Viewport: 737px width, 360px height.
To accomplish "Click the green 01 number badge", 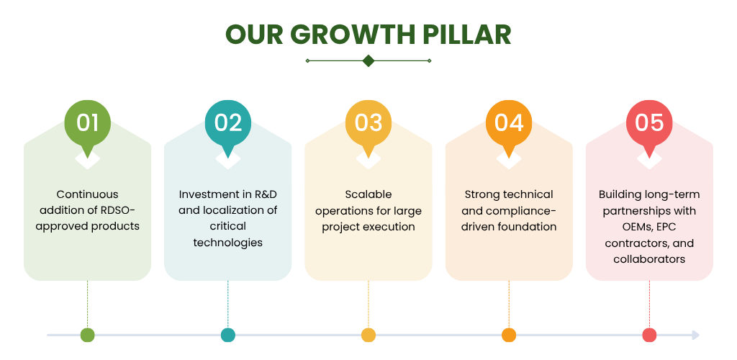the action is coord(87,123).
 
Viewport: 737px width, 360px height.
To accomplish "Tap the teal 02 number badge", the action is coord(228,123).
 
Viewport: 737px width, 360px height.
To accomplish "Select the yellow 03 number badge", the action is coord(368,123).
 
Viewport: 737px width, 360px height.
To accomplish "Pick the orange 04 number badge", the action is coord(509,123).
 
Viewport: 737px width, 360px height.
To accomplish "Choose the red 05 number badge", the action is coord(649,123).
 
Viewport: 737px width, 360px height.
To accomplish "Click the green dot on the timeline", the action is coord(87,335).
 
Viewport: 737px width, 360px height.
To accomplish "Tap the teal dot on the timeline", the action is coord(228,335).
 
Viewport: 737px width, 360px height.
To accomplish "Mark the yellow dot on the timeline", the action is coord(368,335).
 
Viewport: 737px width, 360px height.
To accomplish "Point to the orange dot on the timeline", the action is coord(509,335).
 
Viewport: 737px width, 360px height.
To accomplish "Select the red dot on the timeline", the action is coord(649,335).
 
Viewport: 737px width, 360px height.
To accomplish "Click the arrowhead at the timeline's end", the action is coord(696,335).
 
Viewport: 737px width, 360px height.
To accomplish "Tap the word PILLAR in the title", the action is coord(466,35).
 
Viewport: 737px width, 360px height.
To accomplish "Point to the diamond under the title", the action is coord(368,60).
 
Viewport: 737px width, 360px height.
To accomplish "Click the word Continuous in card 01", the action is coord(87,194).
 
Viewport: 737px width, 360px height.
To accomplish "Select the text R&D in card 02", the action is coord(262,194).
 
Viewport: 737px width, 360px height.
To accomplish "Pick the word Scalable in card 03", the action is coord(368,194).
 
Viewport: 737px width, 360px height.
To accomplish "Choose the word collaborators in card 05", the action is coord(649,259).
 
